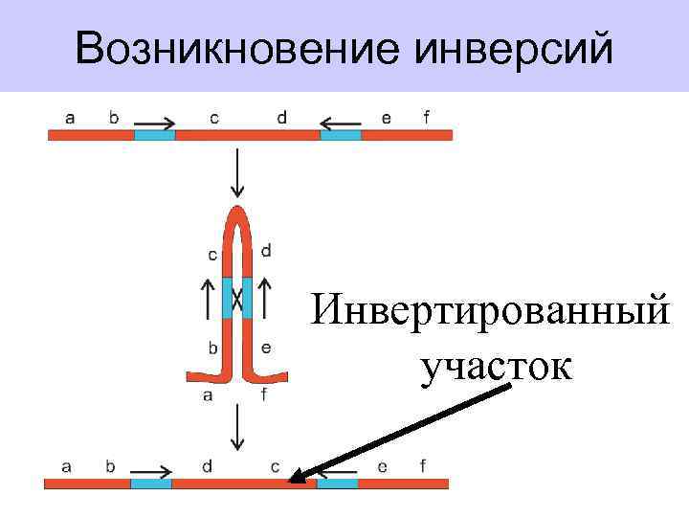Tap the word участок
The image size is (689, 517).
496,364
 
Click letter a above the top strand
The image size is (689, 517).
70,118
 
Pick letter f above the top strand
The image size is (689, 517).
426,118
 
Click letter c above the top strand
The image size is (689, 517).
213,118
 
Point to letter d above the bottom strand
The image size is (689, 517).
208,466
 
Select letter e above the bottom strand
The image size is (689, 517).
382,466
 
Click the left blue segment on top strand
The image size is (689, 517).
154,136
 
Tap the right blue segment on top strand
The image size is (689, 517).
340,136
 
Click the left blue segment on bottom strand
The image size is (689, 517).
150,483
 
